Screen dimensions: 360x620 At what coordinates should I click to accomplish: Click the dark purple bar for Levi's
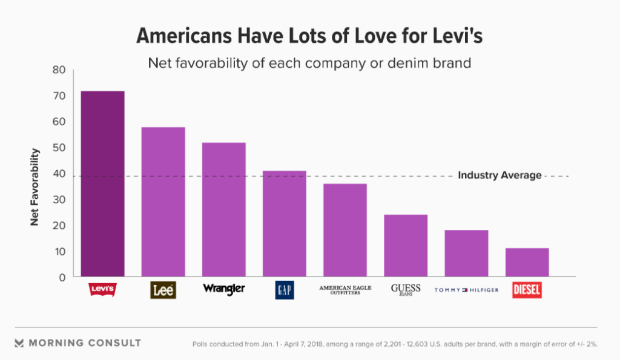coord(102,184)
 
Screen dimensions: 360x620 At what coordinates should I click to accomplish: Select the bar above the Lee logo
coord(163,202)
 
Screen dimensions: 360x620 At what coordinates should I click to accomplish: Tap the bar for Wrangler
coord(223,210)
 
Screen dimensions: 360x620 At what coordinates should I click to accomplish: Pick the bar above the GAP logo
coord(284,224)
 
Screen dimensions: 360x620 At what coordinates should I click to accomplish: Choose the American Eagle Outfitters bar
coord(345,231)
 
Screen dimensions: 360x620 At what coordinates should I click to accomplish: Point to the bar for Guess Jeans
coord(405,246)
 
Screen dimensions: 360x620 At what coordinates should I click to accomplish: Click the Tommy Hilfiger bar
coord(466,254)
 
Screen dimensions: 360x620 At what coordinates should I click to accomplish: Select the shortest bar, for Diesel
coord(527,263)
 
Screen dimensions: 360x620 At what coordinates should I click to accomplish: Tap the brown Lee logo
coord(163,290)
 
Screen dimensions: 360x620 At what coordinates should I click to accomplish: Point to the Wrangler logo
coord(223,289)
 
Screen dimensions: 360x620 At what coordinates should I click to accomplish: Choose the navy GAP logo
coord(284,290)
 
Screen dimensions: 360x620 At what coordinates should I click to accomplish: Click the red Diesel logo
coord(527,290)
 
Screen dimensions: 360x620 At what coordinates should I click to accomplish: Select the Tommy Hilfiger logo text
coord(466,290)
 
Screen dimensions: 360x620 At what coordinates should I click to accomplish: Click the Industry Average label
coord(500,175)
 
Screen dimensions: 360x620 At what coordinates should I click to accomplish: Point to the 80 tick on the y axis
coord(59,70)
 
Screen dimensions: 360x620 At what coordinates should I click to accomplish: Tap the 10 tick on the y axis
coord(59,252)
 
